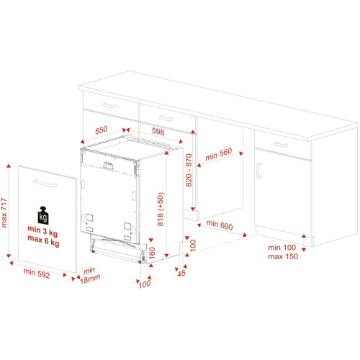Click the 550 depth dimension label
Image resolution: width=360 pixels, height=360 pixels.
(102, 130)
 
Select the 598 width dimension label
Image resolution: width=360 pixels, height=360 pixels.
(158, 131)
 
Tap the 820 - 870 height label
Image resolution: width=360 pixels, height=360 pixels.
(189, 170)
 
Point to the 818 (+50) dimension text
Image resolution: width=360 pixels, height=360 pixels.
(161, 209)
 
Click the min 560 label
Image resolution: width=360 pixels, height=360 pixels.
(219, 154)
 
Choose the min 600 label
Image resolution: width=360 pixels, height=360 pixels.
(220, 225)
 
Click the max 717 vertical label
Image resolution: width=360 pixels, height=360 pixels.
(4, 212)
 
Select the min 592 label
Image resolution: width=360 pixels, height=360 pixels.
(37, 274)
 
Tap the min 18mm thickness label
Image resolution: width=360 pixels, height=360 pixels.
(90, 276)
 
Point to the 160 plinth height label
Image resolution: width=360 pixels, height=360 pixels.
(152, 253)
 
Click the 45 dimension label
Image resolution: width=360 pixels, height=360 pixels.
(181, 273)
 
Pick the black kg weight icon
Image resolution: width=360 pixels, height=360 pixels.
(43, 215)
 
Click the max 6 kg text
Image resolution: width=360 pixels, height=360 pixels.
(43, 240)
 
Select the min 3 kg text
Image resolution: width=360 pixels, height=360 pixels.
(42, 231)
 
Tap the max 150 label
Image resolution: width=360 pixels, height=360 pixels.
(283, 256)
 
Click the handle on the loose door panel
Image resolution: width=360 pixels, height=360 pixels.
(45, 183)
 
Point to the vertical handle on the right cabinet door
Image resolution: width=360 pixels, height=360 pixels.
(258, 171)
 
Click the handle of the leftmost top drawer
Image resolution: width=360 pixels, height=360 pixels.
(109, 105)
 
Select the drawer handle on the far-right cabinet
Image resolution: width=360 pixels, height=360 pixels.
(281, 144)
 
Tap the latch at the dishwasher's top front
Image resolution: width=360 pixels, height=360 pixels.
(108, 166)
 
